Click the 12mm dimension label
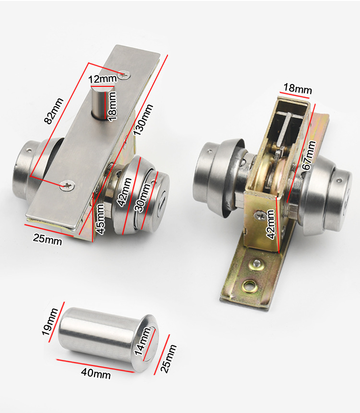click(x=102, y=79)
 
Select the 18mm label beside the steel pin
click(x=112, y=106)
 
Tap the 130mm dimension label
click(x=143, y=120)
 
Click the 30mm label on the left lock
click(x=143, y=198)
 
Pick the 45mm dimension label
click(x=100, y=219)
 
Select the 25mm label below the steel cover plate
click(x=48, y=240)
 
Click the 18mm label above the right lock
click(x=297, y=88)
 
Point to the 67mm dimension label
click(x=309, y=155)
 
